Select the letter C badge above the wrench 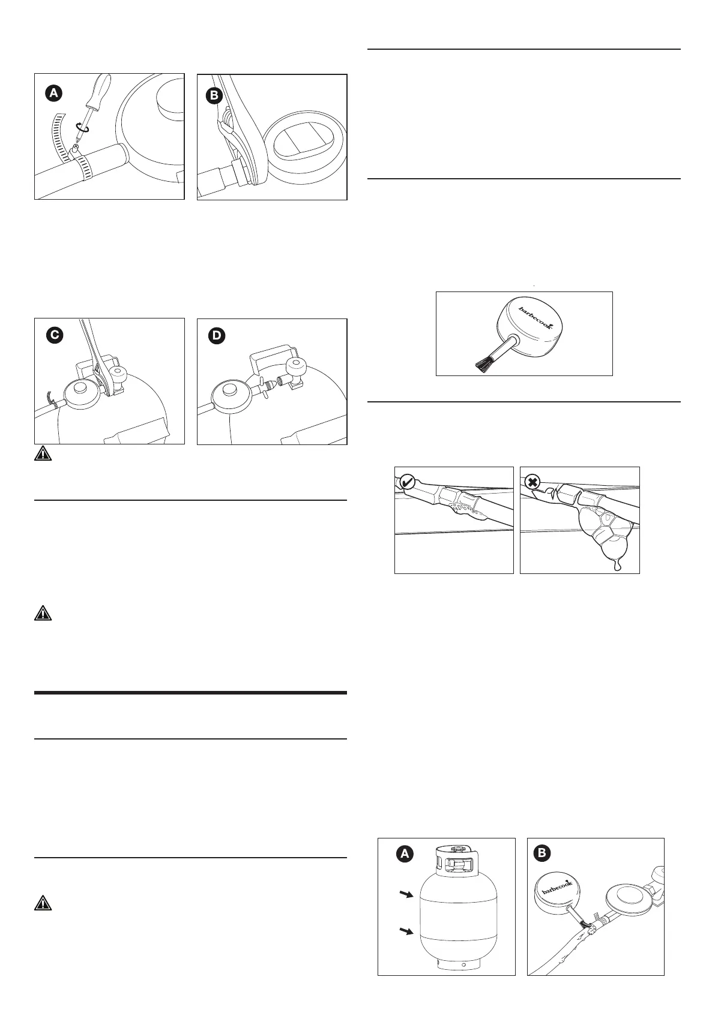click(x=55, y=336)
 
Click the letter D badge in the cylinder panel click(x=217, y=336)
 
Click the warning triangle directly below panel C click(x=42, y=454)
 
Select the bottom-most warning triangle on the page click(x=42, y=903)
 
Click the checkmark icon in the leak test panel click(x=408, y=482)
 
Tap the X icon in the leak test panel click(x=532, y=482)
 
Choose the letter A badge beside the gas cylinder click(x=405, y=854)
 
